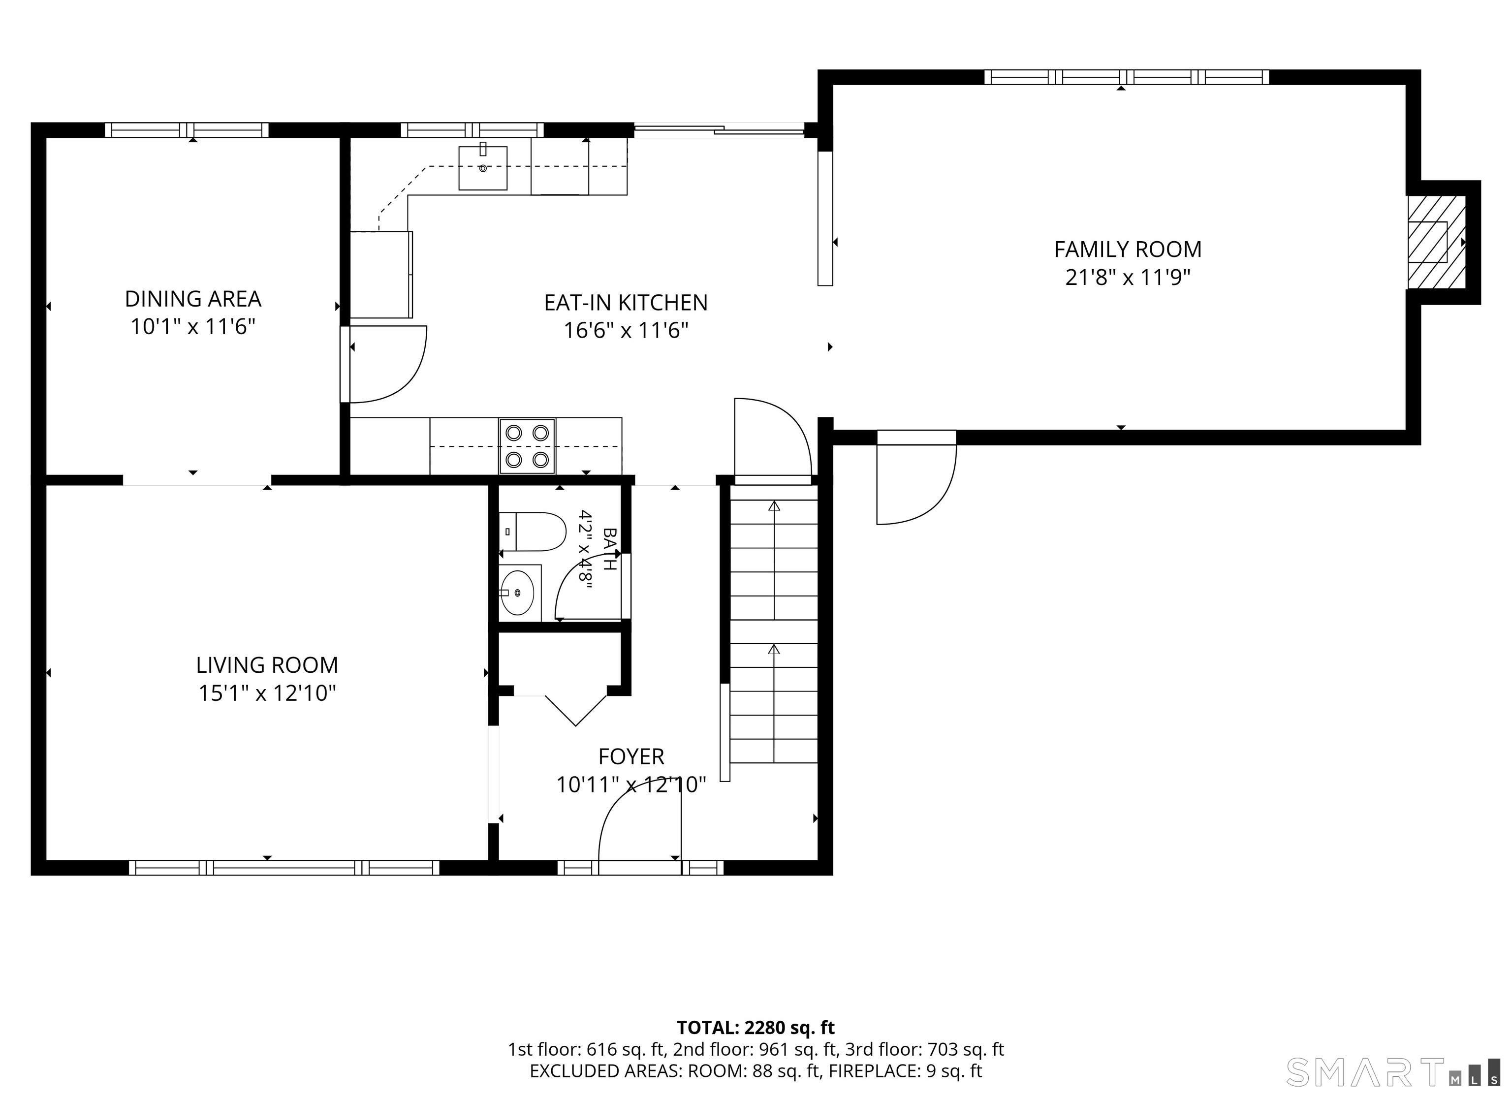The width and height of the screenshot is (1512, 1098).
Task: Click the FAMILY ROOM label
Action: (1127, 250)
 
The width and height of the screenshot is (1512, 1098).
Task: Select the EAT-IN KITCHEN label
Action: (626, 303)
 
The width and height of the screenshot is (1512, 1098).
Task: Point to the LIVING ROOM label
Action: (267, 665)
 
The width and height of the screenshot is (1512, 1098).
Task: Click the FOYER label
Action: (630, 756)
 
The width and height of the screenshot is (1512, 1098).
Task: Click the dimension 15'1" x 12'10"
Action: (267, 693)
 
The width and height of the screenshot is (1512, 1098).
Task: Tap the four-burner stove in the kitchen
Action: (527, 446)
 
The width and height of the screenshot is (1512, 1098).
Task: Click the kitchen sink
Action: (483, 168)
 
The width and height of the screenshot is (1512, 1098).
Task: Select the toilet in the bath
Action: (532, 532)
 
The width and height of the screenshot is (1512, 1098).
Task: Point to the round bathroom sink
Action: (517, 592)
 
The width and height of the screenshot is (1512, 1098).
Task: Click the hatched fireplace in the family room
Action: (1436, 242)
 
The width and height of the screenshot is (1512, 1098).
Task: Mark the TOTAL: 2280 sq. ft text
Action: (756, 1027)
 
